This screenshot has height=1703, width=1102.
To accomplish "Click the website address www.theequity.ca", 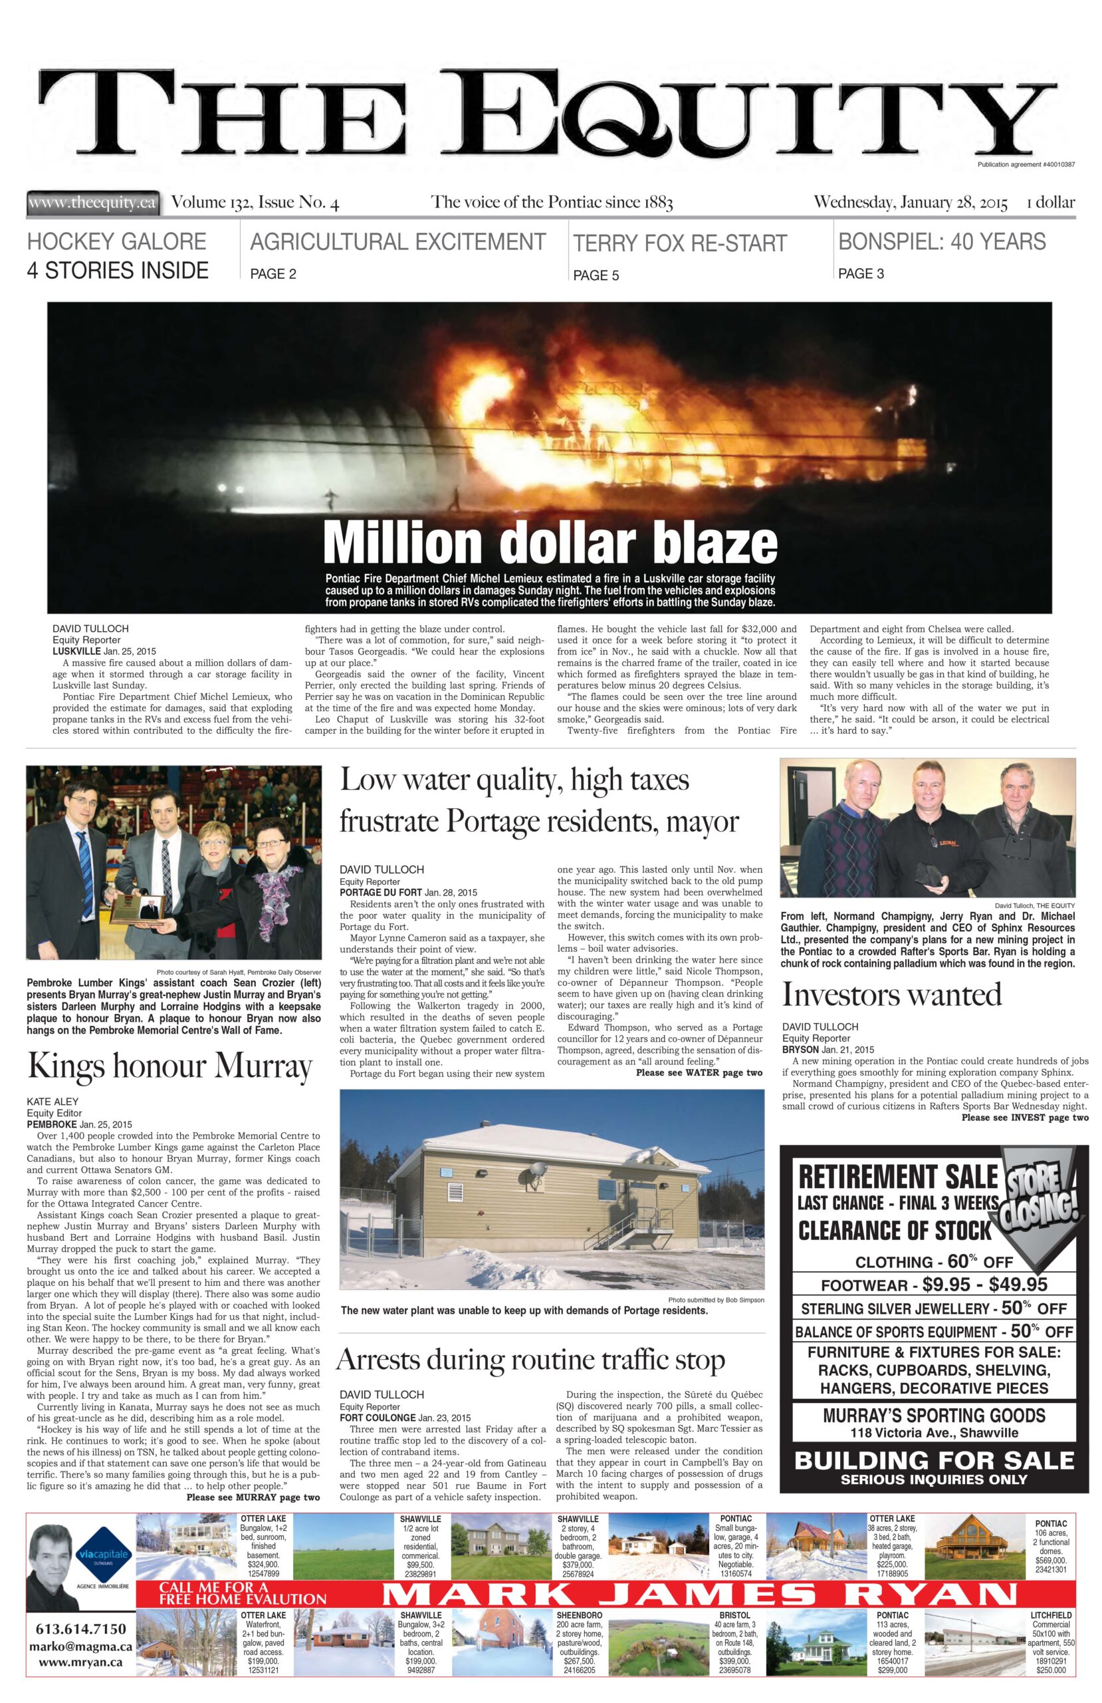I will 92,202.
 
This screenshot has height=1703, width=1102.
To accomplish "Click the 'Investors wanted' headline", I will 891,995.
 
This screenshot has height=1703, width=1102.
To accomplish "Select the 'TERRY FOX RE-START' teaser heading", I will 679,243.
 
